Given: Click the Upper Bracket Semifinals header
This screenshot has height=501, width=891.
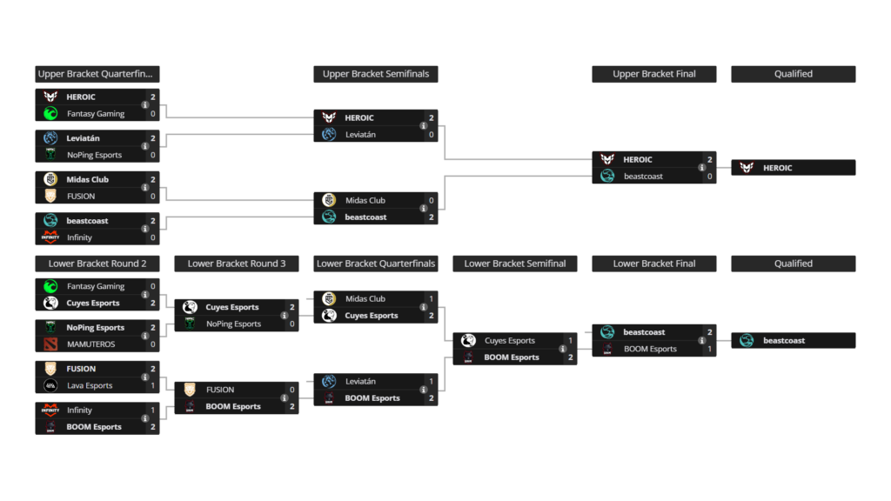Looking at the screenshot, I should [375, 74].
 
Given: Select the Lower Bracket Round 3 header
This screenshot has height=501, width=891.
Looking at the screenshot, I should [236, 264].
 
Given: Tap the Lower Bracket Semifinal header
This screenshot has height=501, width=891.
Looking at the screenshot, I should [514, 264].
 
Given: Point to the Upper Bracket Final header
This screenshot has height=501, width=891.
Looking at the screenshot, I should [653, 74].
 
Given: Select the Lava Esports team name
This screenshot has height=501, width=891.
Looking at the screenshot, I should [89, 385].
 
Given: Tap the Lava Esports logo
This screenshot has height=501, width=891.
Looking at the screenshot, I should [50, 385].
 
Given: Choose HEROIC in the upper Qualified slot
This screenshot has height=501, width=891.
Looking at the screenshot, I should [777, 168].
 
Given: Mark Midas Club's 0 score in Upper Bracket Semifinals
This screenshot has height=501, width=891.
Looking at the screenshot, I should [431, 200].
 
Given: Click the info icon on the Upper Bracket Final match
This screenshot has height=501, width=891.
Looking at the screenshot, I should [702, 168].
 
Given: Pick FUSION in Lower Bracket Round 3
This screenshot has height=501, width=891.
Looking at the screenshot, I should [220, 390].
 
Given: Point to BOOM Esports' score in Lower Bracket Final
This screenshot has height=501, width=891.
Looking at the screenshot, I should [709, 349].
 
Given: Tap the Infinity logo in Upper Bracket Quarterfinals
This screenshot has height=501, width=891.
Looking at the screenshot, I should [50, 237].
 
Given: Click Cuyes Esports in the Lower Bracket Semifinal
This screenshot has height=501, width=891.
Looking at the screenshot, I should [509, 340].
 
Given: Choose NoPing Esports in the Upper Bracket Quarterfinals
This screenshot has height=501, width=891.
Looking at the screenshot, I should [95, 155].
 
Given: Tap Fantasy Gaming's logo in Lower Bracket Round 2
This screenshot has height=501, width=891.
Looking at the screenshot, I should [50, 286].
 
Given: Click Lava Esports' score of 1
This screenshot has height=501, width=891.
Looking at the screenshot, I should [152, 385].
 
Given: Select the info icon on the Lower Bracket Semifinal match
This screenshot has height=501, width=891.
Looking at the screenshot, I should [563, 349].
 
